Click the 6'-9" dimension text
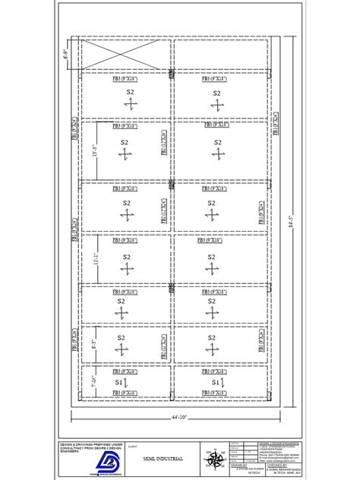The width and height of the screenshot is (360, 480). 66,54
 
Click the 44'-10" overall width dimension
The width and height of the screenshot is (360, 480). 177,416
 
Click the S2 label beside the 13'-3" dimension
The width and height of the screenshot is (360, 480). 124,143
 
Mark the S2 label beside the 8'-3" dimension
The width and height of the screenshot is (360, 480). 122,338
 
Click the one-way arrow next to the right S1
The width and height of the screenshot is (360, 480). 227,383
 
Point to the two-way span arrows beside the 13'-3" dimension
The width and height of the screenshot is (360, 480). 124,155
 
